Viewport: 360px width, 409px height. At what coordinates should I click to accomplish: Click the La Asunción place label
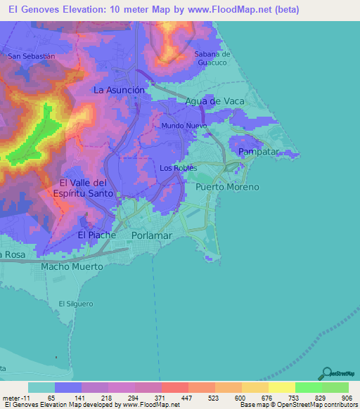120,90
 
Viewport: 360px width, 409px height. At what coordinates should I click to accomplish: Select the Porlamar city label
151,235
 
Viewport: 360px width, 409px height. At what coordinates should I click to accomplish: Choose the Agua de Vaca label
214,101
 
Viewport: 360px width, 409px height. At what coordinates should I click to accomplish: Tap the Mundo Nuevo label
184,126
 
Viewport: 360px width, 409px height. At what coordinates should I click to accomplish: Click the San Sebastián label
31,56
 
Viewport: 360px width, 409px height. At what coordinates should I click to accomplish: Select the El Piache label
96,235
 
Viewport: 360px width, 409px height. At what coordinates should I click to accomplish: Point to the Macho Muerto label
72,267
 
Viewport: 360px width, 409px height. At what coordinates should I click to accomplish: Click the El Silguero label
76,304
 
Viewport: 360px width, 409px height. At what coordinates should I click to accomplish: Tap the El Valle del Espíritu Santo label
82,188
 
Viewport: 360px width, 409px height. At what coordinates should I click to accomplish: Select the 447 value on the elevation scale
187,398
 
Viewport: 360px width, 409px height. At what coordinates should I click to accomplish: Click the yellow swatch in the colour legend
281,388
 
